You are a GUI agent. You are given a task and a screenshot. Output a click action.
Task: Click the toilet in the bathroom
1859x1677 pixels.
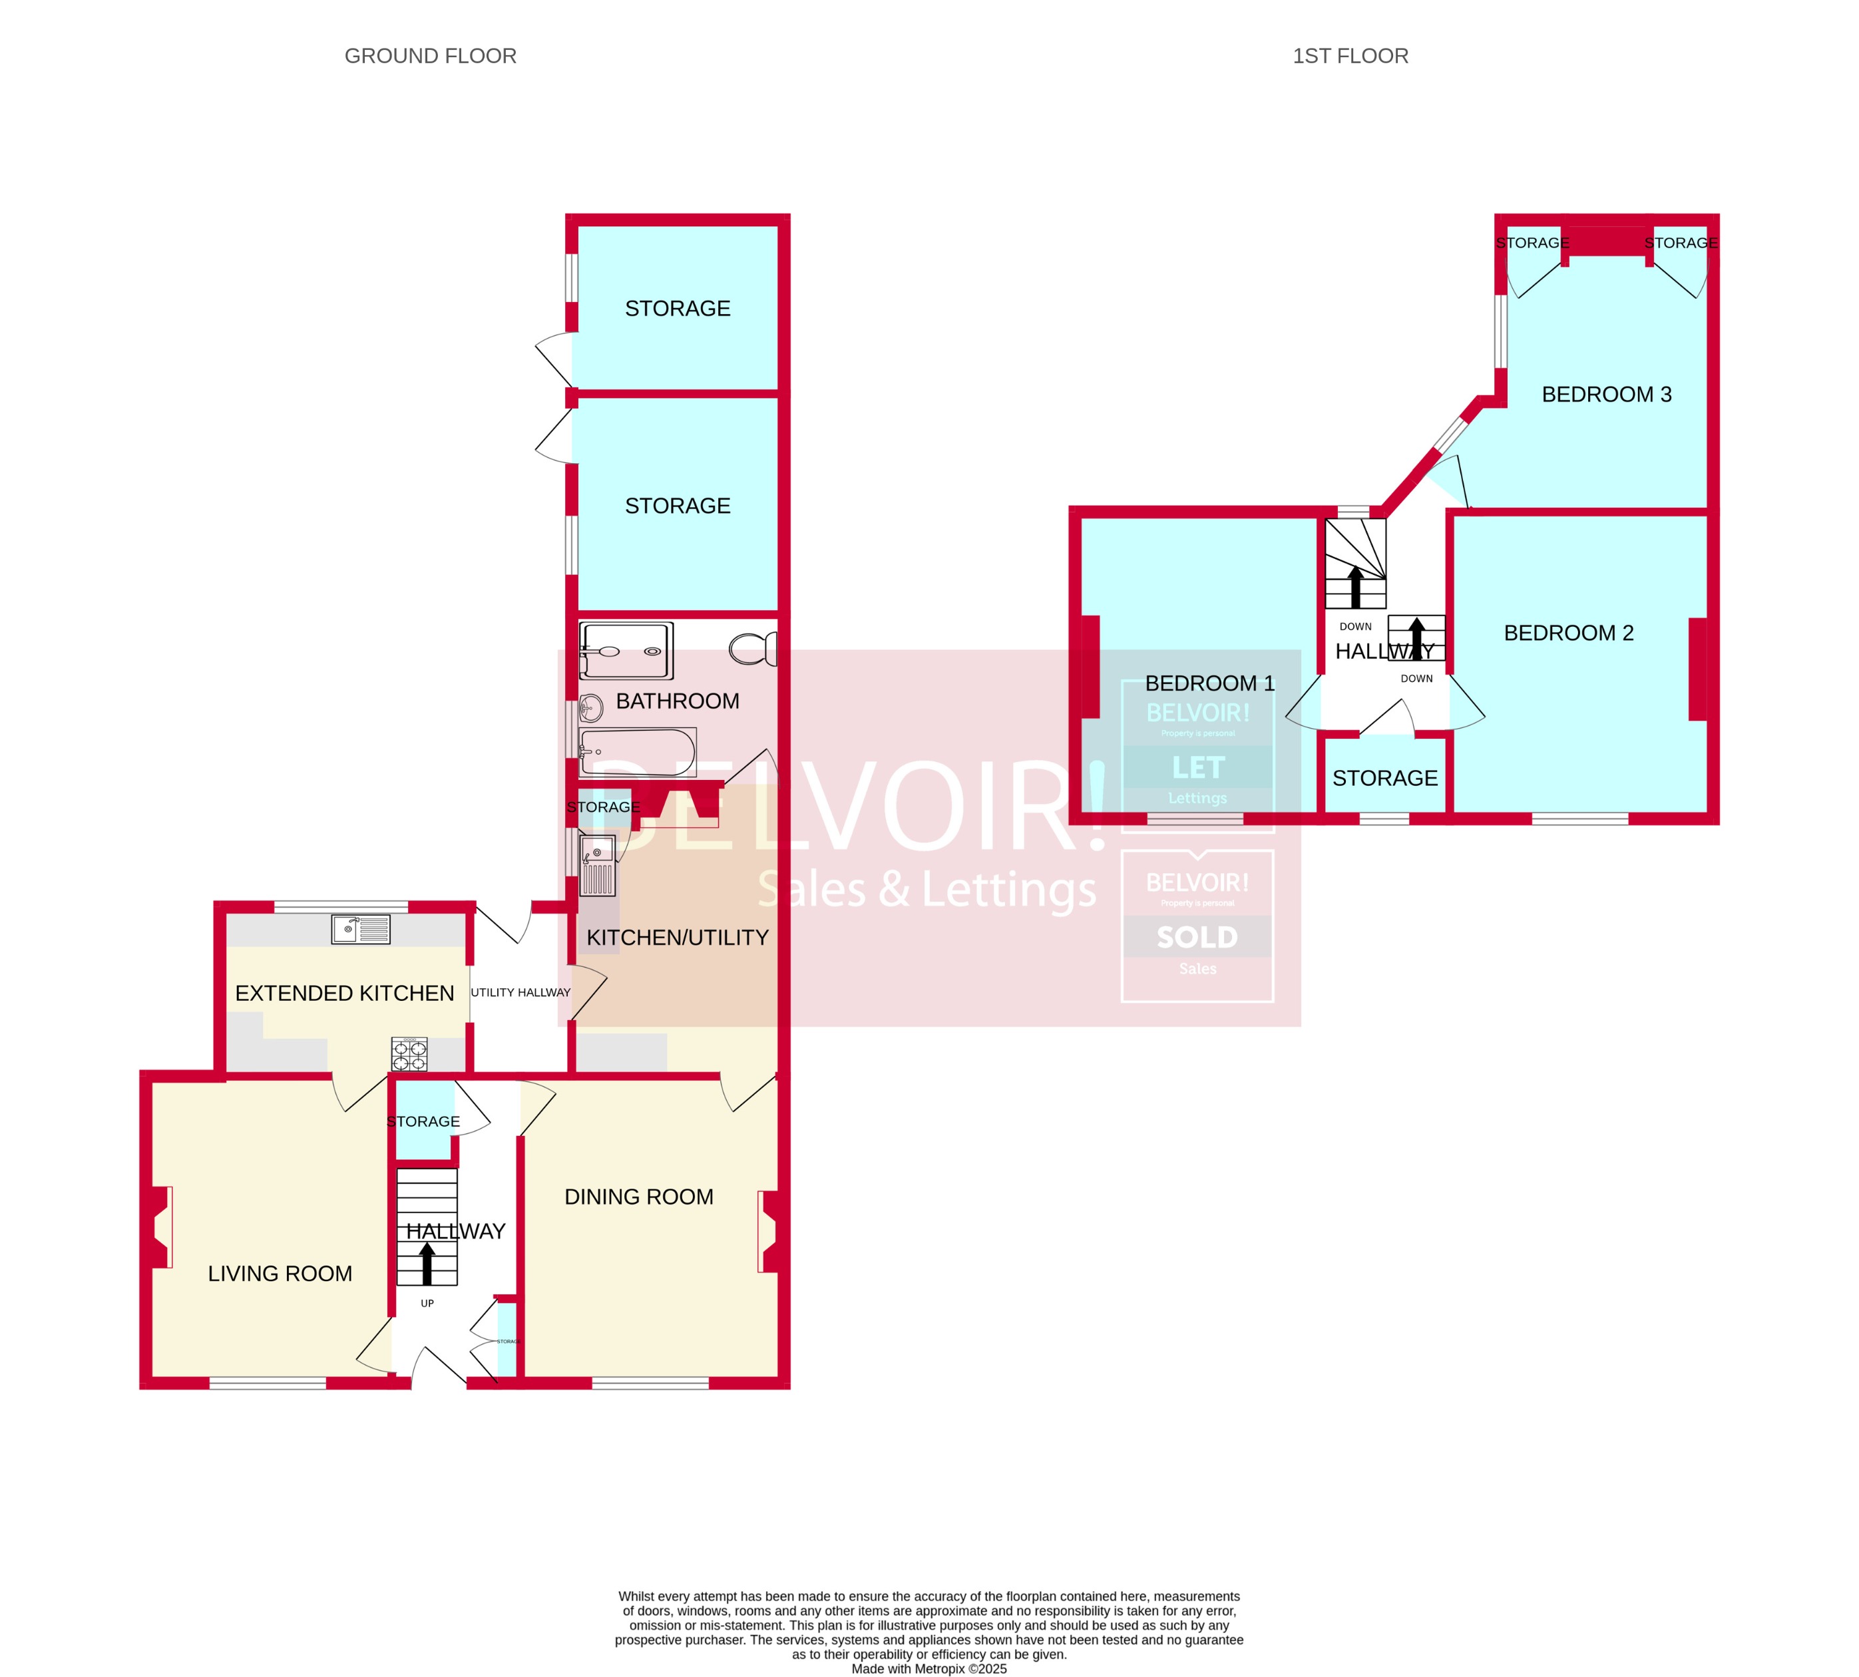[753, 649]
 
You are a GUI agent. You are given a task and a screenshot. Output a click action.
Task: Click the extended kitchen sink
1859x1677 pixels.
[360, 929]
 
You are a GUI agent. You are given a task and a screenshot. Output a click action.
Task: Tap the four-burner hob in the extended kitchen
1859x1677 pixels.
[409, 1054]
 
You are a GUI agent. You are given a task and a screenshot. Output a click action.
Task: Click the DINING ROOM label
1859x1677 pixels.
[639, 1197]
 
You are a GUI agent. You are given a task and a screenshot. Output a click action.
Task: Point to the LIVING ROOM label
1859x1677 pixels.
[280, 1274]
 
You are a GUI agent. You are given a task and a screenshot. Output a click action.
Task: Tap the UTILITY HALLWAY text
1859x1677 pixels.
[520, 992]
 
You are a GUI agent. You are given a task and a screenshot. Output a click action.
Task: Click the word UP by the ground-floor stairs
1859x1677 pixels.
[427, 1303]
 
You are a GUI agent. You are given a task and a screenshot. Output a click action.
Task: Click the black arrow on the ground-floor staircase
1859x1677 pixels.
[427, 1262]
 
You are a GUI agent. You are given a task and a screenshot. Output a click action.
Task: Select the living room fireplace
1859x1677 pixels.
[160, 1226]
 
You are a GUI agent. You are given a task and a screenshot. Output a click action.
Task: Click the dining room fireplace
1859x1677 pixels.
[769, 1232]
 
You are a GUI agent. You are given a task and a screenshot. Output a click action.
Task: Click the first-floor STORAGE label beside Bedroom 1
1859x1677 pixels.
[1384, 778]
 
